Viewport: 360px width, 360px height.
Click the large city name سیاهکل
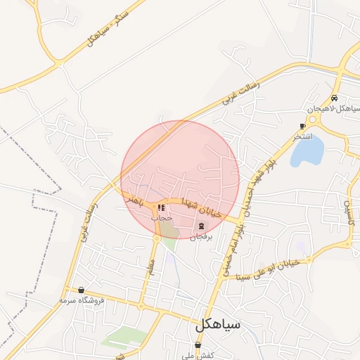218,325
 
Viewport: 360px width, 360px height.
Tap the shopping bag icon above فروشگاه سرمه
82,290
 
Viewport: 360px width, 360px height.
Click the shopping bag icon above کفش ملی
198,345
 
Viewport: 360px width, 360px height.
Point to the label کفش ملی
197,356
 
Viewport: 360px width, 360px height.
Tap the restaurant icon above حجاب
162,208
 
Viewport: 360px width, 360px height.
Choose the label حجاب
162,219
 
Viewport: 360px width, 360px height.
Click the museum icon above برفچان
202,226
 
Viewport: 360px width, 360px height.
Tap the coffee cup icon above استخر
303,126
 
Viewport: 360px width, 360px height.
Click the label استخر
303,136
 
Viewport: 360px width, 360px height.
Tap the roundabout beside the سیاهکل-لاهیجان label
311,119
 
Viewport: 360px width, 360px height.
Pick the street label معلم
150,266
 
